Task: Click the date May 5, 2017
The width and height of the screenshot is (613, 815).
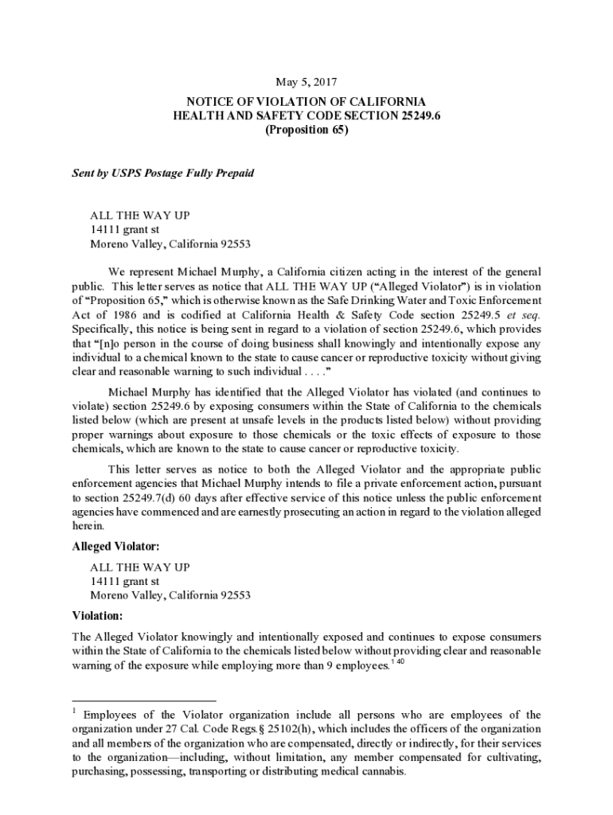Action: click(306, 82)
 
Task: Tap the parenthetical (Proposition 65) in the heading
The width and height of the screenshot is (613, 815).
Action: click(306, 131)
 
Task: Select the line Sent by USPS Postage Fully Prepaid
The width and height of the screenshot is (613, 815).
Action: click(162, 173)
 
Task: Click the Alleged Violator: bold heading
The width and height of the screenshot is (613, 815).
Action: click(116, 548)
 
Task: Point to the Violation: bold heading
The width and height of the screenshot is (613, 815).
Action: click(98, 615)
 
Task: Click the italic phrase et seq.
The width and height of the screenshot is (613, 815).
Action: click(521, 314)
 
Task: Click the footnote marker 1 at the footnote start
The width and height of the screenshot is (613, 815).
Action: click(73, 710)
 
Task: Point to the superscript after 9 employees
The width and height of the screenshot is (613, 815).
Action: click(398, 662)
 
